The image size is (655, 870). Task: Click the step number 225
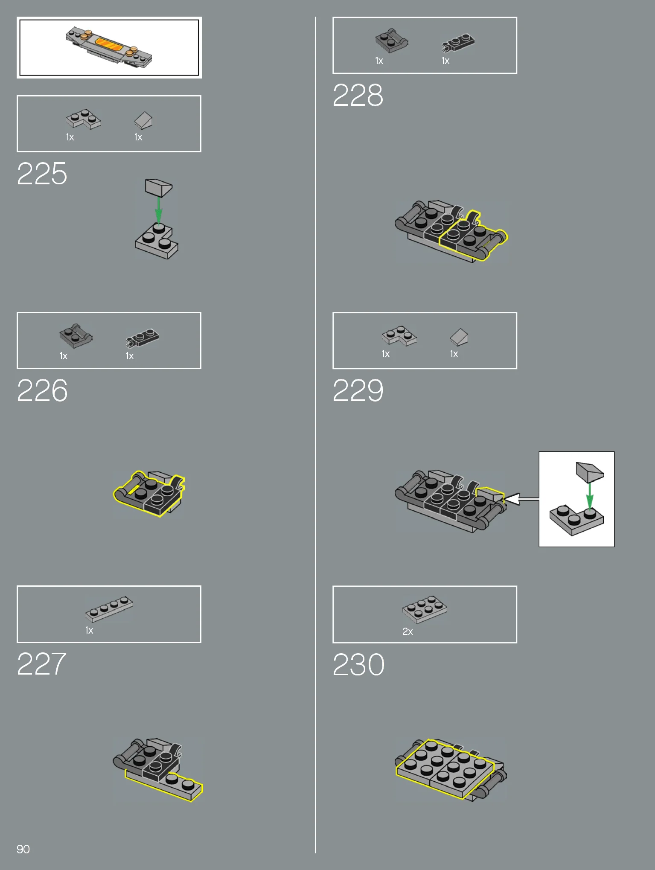pyautogui.click(x=42, y=174)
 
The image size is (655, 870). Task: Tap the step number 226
pyautogui.click(x=42, y=390)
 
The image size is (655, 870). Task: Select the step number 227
pyautogui.click(x=41, y=664)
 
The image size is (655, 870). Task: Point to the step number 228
pyautogui.click(x=358, y=95)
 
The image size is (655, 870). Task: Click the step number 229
pyautogui.click(x=358, y=390)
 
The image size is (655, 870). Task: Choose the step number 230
pyautogui.click(x=358, y=665)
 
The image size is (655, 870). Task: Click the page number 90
pyautogui.click(x=23, y=849)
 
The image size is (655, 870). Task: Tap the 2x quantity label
pyautogui.click(x=408, y=631)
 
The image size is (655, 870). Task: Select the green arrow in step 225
pyautogui.click(x=158, y=210)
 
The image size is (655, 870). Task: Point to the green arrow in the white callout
pyautogui.click(x=590, y=496)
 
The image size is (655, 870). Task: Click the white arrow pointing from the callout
pyautogui.click(x=521, y=499)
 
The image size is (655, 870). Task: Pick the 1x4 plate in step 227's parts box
pyautogui.click(x=109, y=609)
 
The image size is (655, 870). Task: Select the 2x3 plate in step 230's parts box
pyautogui.click(x=425, y=609)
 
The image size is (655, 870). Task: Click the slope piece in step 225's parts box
pyautogui.click(x=143, y=120)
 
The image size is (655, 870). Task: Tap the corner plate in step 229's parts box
pyautogui.click(x=399, y=336)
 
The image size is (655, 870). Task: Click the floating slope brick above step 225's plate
pyautogui.click(x=158, y=188)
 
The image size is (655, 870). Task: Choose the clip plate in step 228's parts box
pyautogui.click(x=458, y=43)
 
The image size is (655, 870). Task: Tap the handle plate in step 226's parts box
pyautogui.click(x=76, y=335)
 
